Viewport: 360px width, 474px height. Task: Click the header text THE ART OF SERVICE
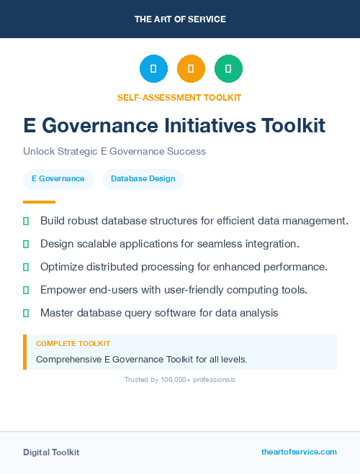(179, 19)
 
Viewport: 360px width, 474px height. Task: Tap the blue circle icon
(153, 69)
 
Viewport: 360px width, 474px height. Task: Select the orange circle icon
(191, 69)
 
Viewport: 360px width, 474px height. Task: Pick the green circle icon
(228, 69)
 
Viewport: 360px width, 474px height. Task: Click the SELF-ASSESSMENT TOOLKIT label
(179, 97)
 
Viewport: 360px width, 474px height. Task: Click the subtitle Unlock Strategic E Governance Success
(114, 151)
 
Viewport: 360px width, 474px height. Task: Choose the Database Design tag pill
(143, 178)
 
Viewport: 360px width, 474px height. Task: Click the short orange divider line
(39, 202)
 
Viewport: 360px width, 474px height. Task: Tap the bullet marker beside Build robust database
(26, 221)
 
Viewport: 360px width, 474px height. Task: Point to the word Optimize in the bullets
(63, 267)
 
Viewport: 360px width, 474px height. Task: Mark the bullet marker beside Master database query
(26, 313)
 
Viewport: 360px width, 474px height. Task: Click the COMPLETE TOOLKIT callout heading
(73, 344)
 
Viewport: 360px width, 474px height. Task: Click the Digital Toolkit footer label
(51, 452)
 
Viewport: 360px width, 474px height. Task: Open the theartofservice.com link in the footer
(299, 452)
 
